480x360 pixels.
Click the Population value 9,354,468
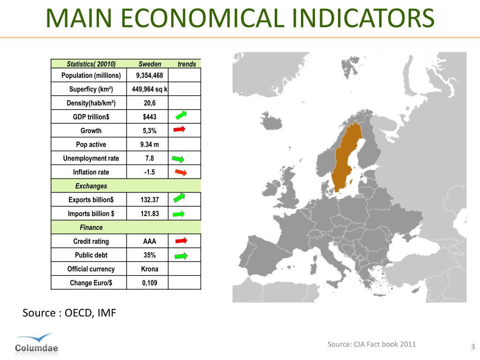coord(150,75)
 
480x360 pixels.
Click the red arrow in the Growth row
coord(180,129)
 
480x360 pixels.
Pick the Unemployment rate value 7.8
coord(150,158)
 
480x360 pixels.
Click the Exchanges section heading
coord(91,186)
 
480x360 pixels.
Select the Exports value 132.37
coord(150,200)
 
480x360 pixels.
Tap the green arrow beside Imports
coord(179,214)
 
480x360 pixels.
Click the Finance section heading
coord(91,228)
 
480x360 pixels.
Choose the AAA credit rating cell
coord(150,241)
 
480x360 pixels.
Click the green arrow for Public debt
coord(180,255)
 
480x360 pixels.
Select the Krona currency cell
coord(150,269)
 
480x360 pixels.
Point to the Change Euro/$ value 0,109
coord(150,283)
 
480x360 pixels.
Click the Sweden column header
coord(150,64)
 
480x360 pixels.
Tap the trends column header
coord(187,64)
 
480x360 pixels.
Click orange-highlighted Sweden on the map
coord(347,159)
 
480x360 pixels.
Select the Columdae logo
coord(36,345)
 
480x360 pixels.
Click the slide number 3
coord(472,347)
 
